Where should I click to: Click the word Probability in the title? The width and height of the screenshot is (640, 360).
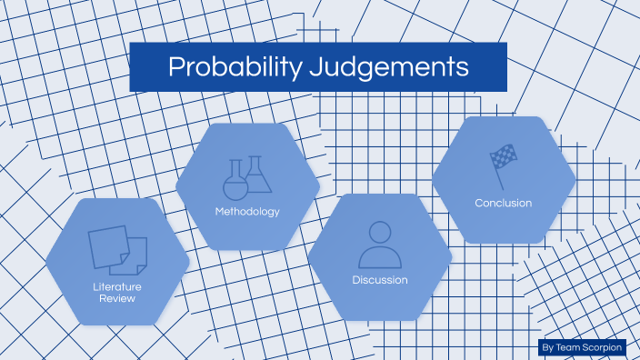tap(227, 67)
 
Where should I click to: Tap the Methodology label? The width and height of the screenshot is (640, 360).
tap(247, 212)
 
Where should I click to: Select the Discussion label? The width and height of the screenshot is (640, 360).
tap(380, 280)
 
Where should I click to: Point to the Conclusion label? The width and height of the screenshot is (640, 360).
tap(504, 203)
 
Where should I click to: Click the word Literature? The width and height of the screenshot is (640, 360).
tap(117, 287)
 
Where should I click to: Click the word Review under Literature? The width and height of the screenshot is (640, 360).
tap(117, 298)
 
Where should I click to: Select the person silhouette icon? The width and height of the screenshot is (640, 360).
tap(380, 244)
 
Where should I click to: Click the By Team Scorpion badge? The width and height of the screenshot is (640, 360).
tap(581, 347)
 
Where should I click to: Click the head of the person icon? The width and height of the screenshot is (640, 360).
tap(380, 232)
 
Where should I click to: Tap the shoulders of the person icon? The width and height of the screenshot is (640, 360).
tap(380, 258)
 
